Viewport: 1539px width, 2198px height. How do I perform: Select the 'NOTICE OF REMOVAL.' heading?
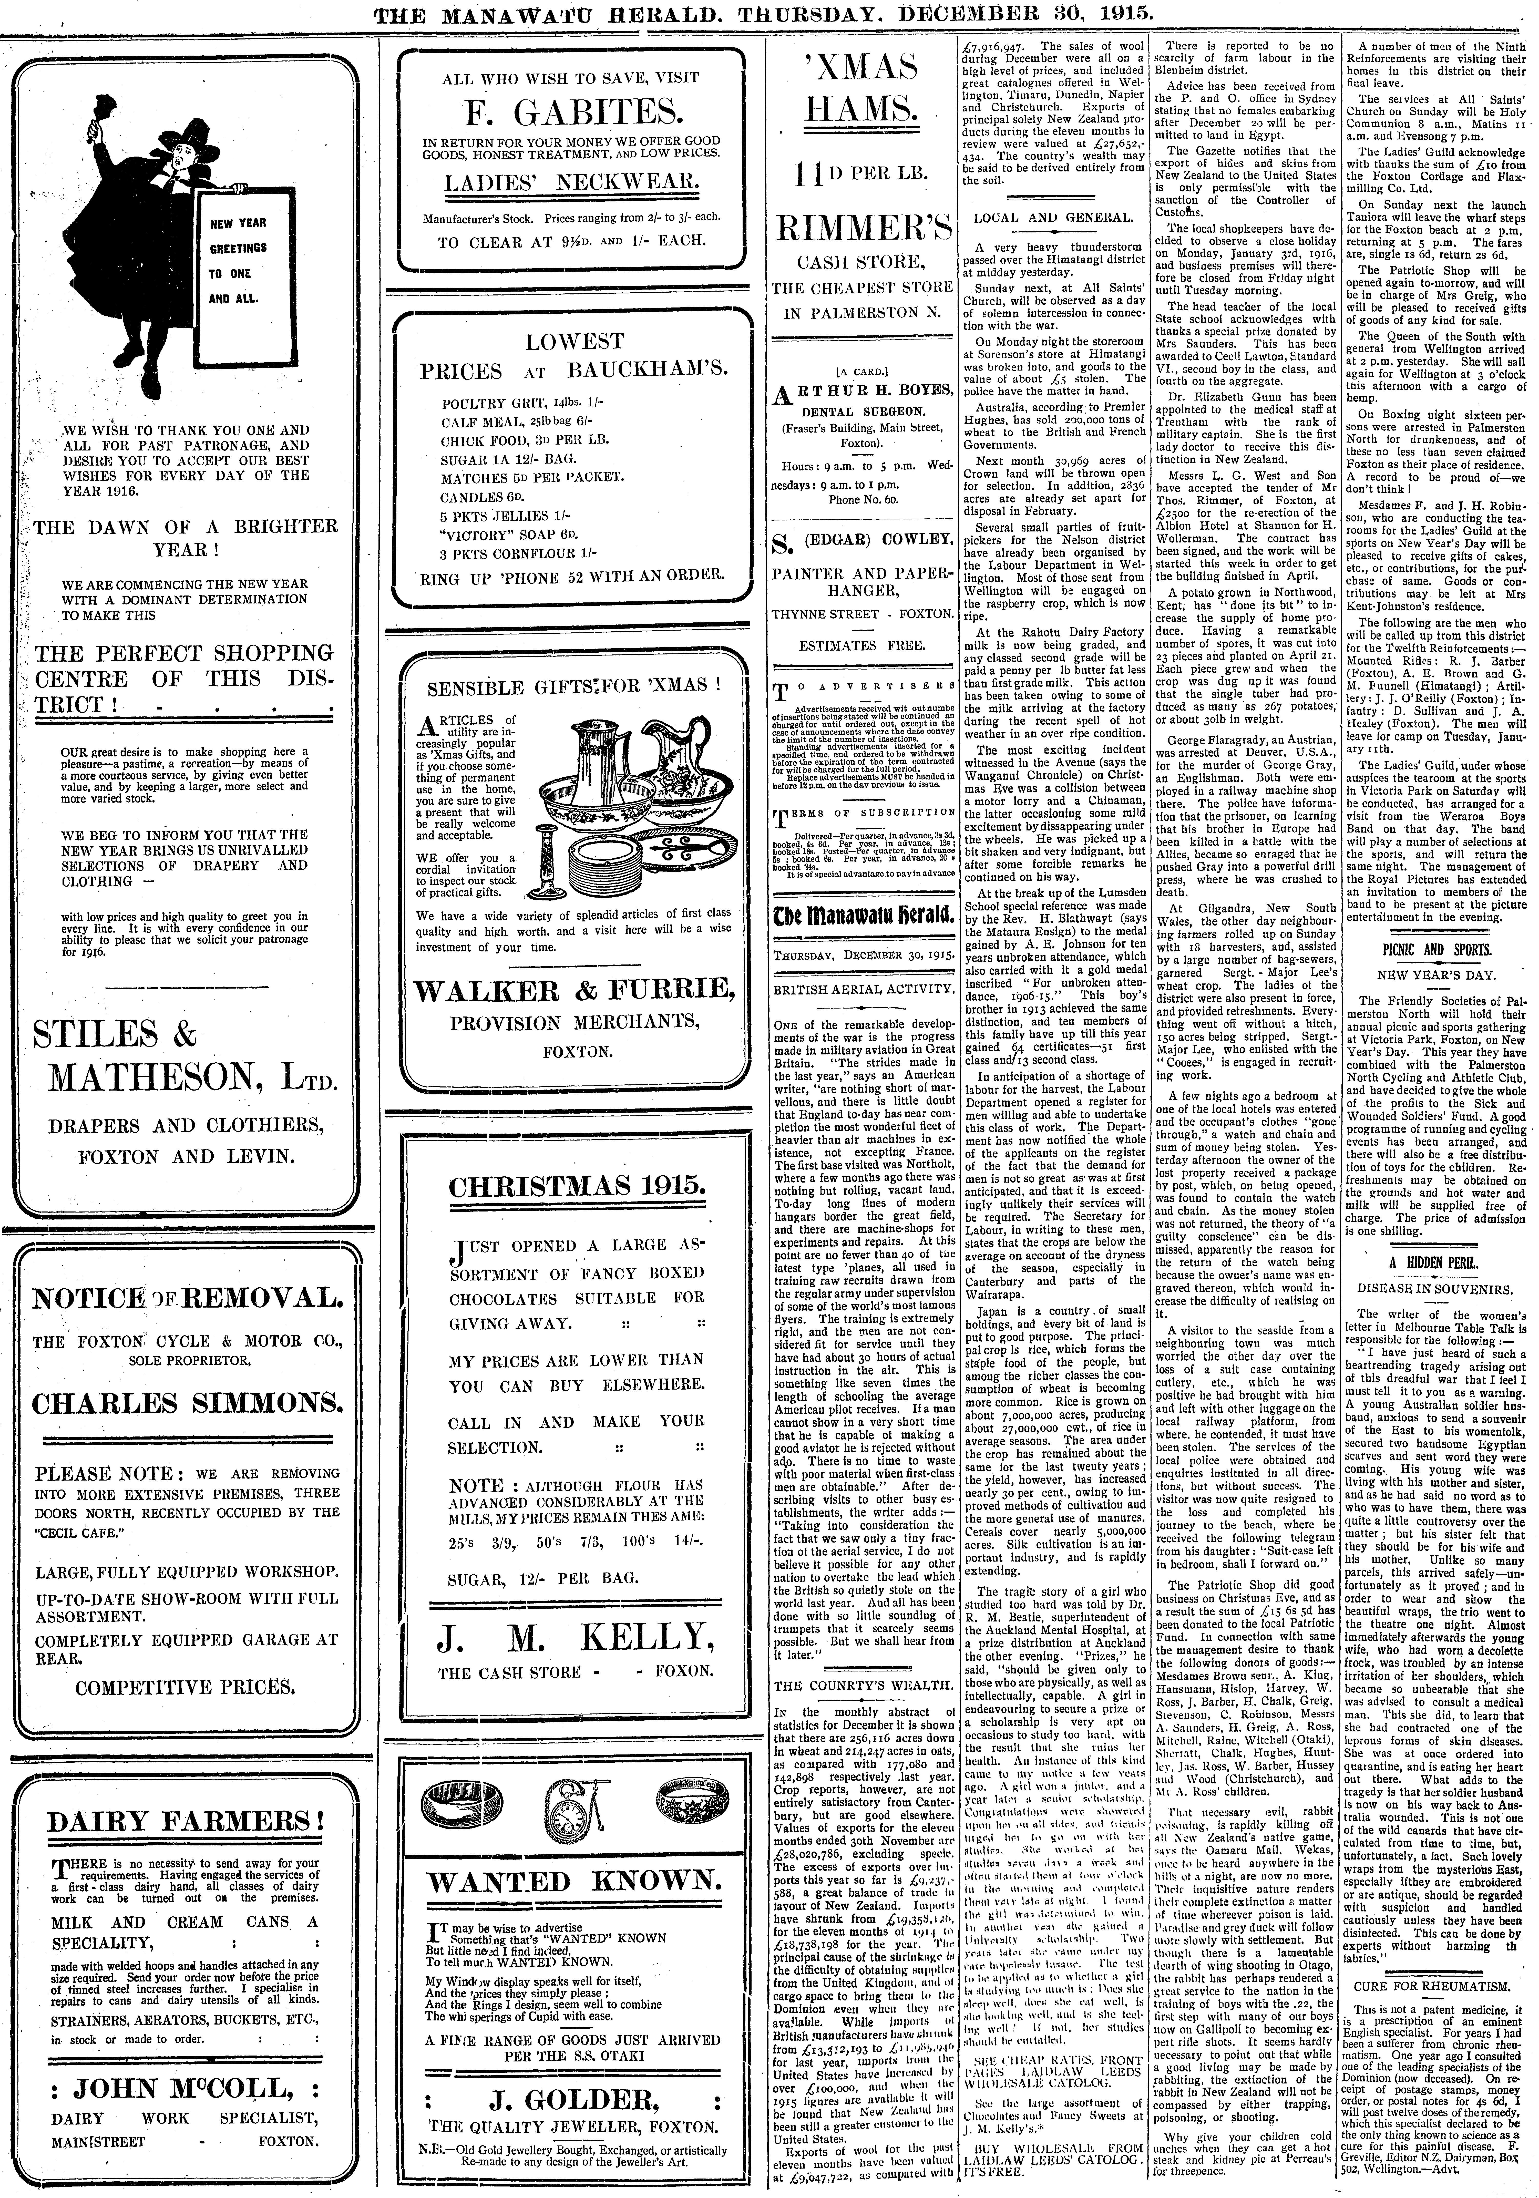tap(186, 1298)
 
